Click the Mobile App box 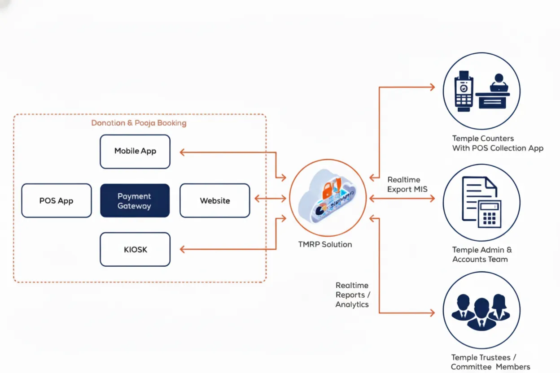click(x=135, y=152)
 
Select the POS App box click(x=57, y=201)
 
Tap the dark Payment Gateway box click(x=135, y=201)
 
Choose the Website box click(x=214, y=201)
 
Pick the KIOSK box click(x=135, y=249)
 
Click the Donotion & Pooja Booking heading click(x=139, y=123)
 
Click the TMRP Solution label click(x=325, y=244)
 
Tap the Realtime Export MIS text click(x=407, y=184)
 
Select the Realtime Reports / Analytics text click(x=353, y=295)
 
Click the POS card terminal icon click(x=464, y=92)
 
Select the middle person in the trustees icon click(x=481, y=312)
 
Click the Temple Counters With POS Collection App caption click(x=497, y=143)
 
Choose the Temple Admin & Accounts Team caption click(x=482, y=255)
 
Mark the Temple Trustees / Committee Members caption click(x=490, y=362)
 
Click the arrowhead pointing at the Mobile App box click(x=183, y=152)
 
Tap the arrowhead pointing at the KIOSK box click(x=183, y=250)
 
